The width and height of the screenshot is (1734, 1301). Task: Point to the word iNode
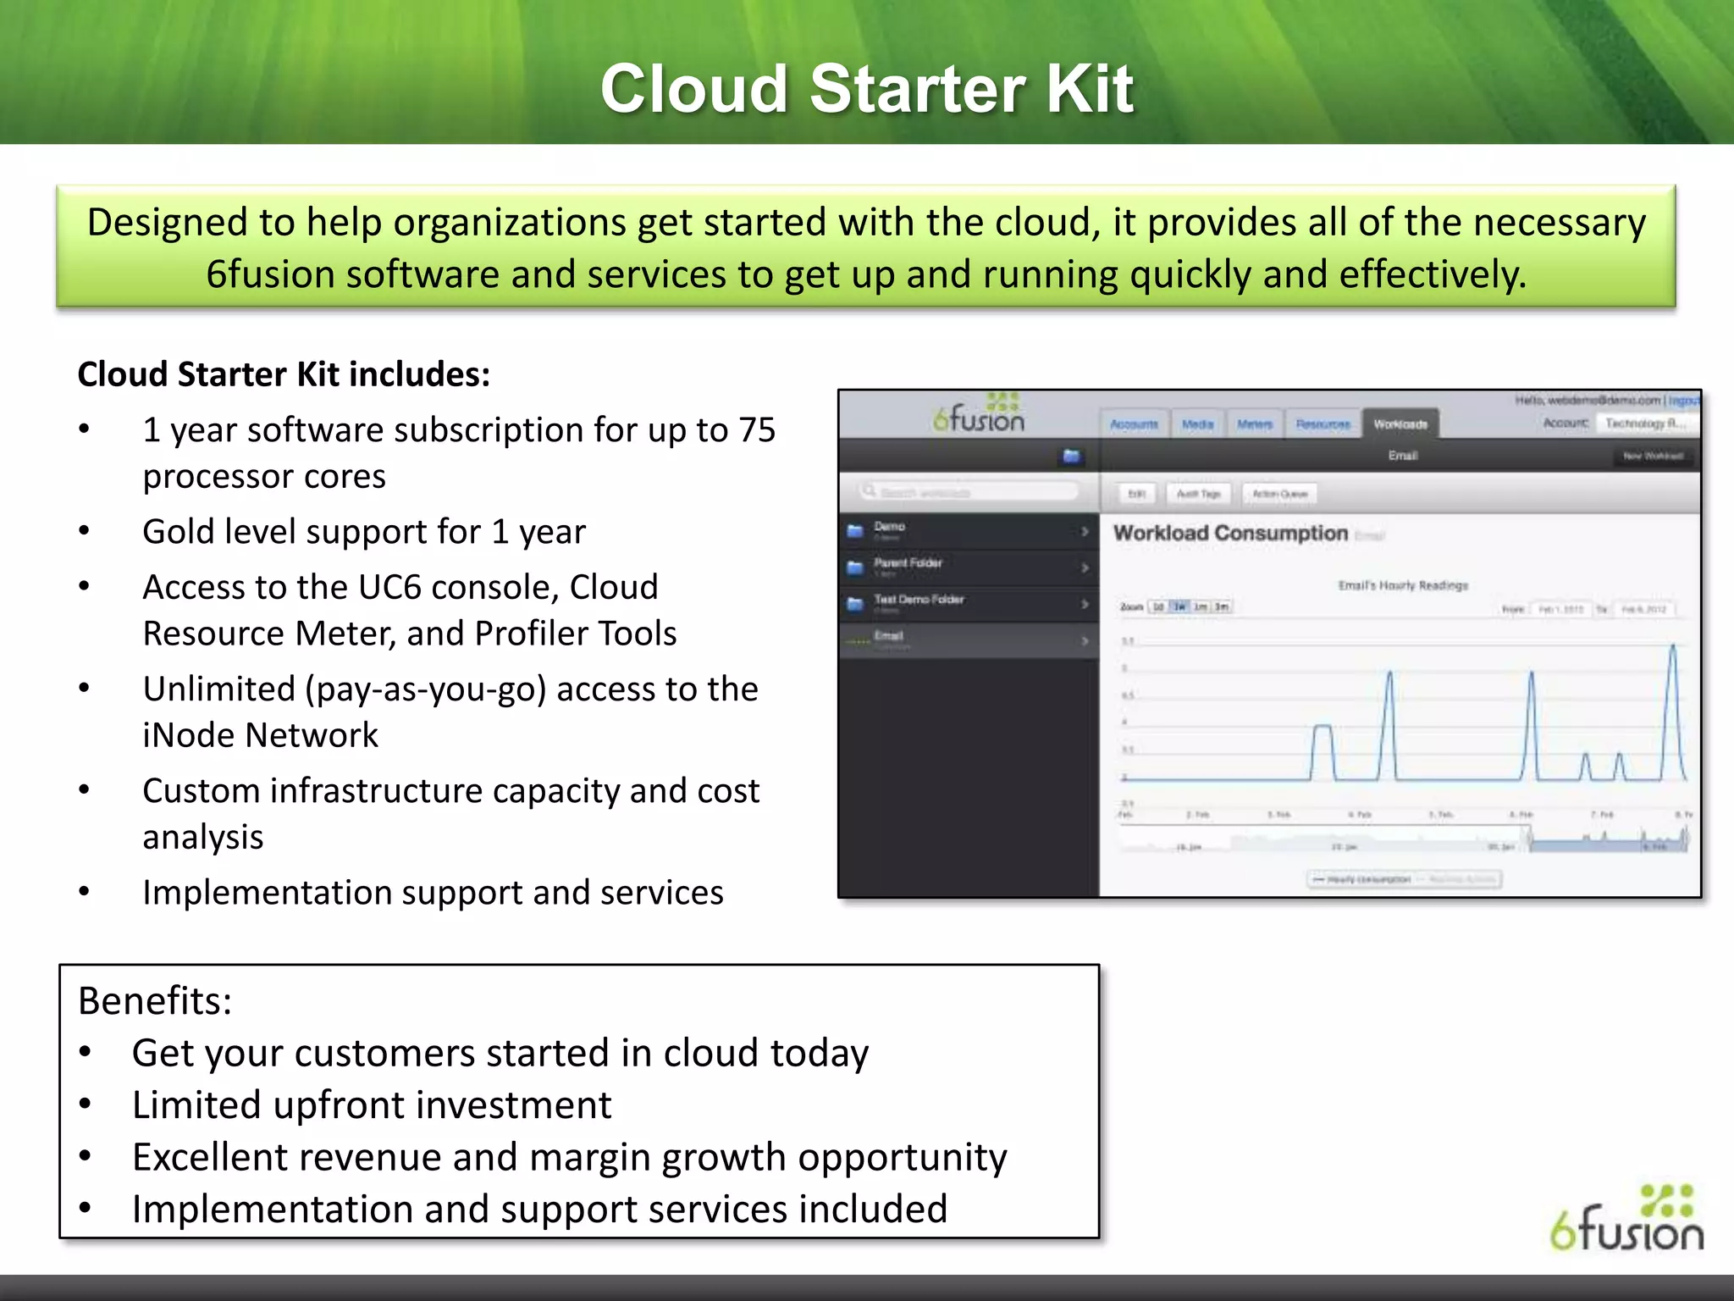(x=189, y=735)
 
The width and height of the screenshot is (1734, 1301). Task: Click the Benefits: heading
(x=155, y=1001)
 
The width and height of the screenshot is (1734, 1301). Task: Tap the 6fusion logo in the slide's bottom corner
(x=1626, y=1220)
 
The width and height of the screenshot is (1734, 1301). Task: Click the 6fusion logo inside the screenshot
(x=979, y=414)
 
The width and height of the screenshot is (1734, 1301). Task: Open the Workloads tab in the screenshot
(x=1400, y=424)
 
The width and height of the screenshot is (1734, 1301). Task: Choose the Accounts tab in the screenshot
(x=1134, y=424)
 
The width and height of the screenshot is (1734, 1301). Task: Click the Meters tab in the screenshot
(x=1254, y=424)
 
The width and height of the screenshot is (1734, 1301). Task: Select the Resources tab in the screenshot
(x=1323, y=424)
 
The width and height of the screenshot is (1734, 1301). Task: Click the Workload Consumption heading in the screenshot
(x=1230, y=533)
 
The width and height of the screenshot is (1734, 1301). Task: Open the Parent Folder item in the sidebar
(x=908, y=563)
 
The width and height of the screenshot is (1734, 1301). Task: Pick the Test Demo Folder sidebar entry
(x=919, y=600)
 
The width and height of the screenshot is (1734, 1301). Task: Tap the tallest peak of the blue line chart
(x=1673, y=646)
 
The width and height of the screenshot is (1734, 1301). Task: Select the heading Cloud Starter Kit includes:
(x=284, y=374)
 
